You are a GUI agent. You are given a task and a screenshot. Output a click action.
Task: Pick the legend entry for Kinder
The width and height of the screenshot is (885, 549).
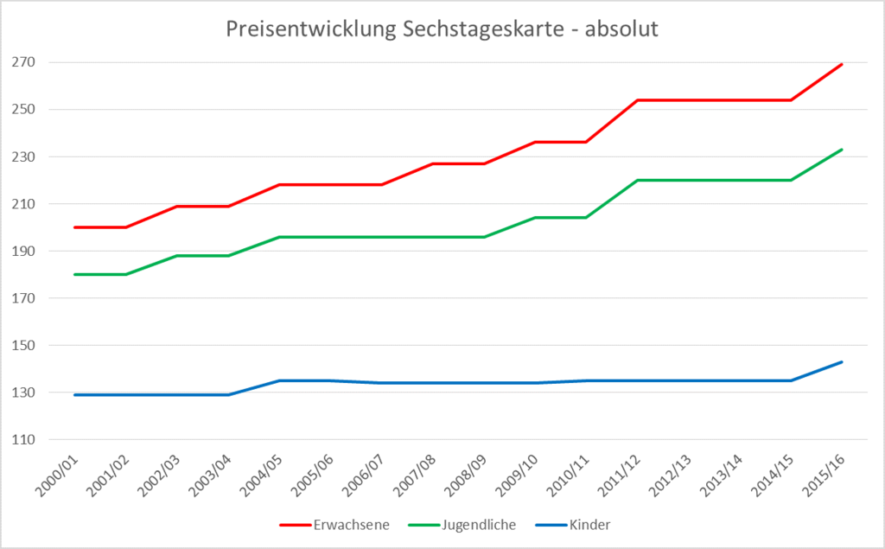(x=589, y=524)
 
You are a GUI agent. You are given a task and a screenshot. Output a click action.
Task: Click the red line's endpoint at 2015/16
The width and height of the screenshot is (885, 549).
(x=842, y=64)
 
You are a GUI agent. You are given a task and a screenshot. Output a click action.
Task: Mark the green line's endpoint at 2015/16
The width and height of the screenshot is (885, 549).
(x=842, y=150)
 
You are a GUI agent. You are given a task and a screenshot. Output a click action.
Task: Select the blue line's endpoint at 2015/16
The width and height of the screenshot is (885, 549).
(x=842, y=362)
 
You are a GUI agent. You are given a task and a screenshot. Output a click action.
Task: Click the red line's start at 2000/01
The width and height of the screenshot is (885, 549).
(x=75, y=227)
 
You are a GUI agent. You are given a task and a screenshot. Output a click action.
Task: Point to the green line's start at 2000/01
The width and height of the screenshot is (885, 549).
(x=75, y=274)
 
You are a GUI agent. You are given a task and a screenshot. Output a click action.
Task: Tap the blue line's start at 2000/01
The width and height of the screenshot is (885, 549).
(x=75, y=395)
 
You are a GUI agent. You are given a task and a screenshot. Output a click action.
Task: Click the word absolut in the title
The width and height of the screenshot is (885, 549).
(x=622, y=29)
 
